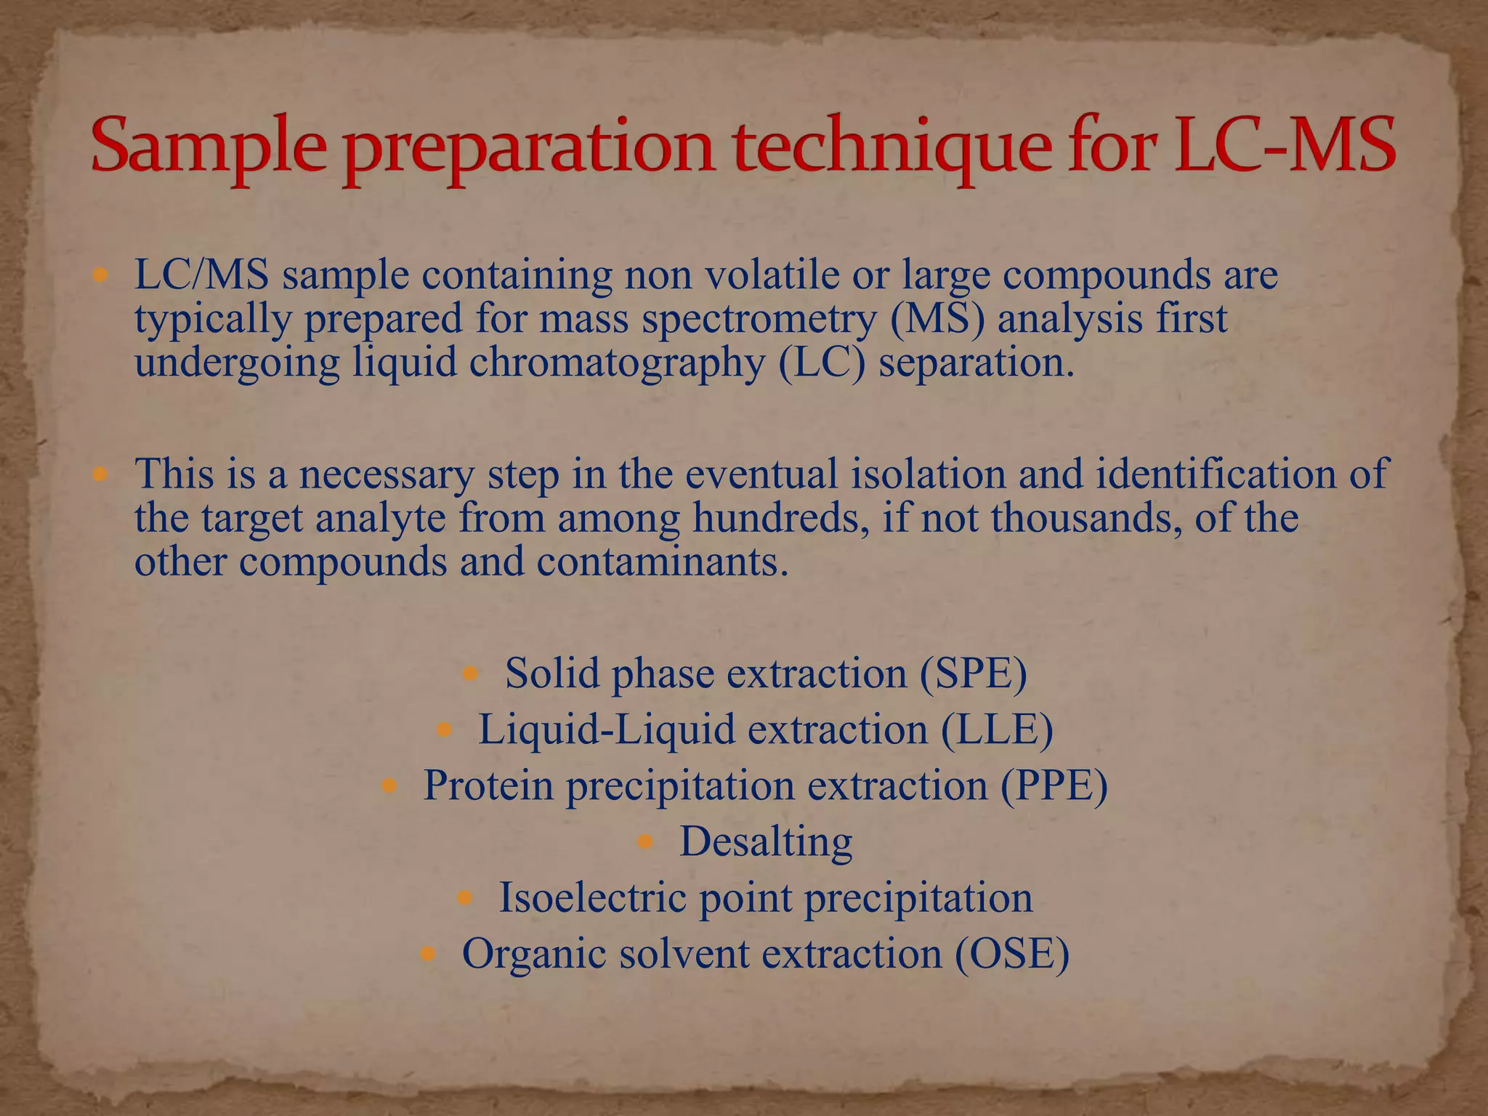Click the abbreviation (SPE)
[x=973, y=673]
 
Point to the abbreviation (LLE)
[x=997, y=729]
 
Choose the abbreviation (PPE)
[x=1054, y=785]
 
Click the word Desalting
[x=766, y=842]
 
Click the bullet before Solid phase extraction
[x=470, y=674]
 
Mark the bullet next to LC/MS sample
[x=100, y=275]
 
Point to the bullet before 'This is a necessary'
[x=100, y=474]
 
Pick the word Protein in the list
[x=489, y=785]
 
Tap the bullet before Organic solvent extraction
[x=428, y=953]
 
